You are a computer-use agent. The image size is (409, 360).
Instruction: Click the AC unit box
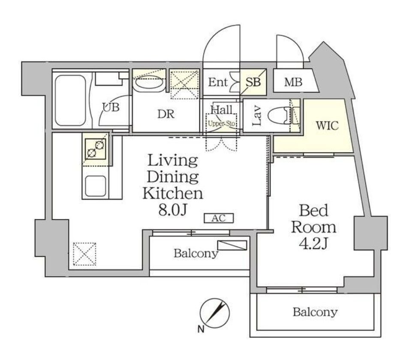coord(219,218)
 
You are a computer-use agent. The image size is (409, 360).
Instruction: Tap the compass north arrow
coord(215,313)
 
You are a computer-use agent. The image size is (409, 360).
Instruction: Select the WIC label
coord(327,126)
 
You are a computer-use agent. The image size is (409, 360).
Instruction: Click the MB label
coord(293,82)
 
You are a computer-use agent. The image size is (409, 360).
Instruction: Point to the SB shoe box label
coord(253,82)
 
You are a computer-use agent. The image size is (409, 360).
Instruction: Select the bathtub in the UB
coord(70,100)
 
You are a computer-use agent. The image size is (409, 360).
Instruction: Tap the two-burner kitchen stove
coord(96,149)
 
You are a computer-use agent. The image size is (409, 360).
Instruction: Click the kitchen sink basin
coord(96,186)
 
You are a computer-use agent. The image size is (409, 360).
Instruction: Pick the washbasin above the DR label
coord(149,84)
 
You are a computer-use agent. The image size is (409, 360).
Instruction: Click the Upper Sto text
coord(222,124)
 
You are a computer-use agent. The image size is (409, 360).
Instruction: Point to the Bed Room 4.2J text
coord(313,227)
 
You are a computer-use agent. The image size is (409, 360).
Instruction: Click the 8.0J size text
coord(173,210)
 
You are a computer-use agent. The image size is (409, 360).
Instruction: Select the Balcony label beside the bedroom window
coord(315,312)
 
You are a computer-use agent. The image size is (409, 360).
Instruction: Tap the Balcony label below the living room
coord(196,253)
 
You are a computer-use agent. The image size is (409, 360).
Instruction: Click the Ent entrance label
coord(218,82)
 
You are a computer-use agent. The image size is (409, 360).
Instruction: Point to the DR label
coord(166,114)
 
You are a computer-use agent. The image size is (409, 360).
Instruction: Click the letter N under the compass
coord(201,330)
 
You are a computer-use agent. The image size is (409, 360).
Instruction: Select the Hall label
coord(222,110)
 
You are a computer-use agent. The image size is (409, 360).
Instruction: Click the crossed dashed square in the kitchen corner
coord(84,254)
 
